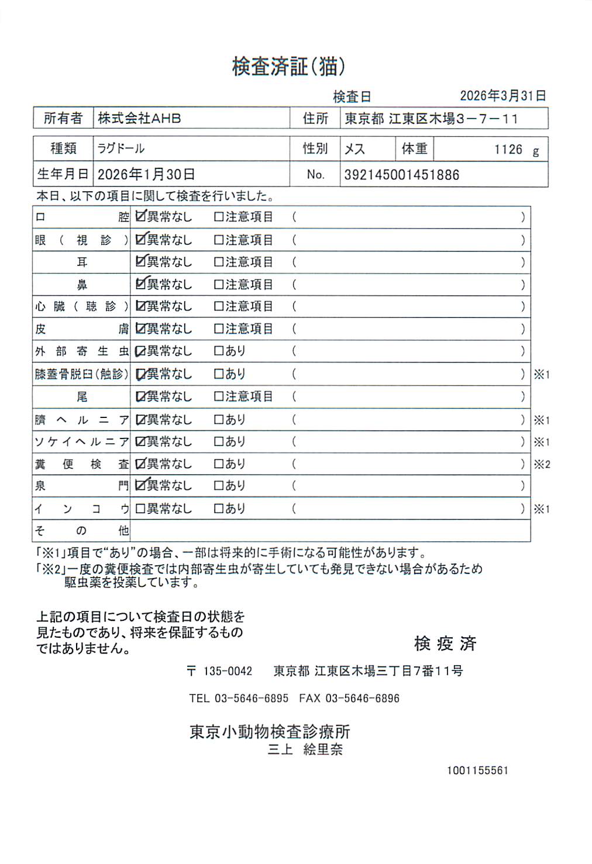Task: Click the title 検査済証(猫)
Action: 288,67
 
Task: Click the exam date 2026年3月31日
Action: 502,95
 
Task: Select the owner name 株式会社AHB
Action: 139,118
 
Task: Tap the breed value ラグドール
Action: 121,148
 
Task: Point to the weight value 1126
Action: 508,150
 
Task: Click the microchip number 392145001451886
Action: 401,175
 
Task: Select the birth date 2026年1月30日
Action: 146,174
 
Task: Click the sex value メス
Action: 354,149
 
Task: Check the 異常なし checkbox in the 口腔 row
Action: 140,216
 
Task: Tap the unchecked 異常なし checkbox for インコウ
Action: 140,509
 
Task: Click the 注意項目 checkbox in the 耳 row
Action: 219,262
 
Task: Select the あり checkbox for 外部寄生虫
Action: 219,351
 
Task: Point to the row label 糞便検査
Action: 81,464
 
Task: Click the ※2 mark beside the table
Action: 541,465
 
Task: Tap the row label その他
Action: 81,531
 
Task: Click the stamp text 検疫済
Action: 445,644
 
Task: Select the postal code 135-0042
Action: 228,671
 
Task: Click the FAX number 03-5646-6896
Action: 362,698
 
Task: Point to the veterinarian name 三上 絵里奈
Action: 305,749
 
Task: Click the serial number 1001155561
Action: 477,770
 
